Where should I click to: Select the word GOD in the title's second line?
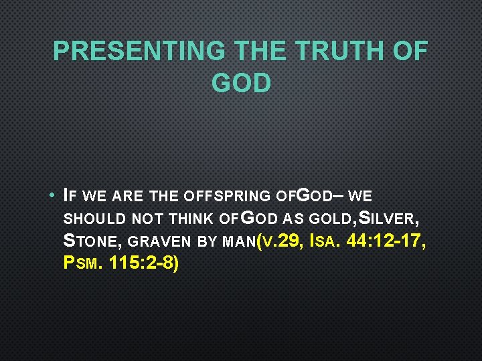(241, 83)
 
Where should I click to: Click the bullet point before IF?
(52, 197)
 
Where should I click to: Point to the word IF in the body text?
(68, 197)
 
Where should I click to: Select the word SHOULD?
(93, 218)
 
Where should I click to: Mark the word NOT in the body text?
(147, 218)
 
